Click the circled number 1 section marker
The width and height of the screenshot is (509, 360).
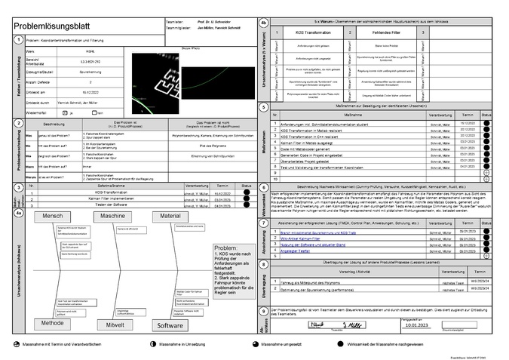tap(17, 41)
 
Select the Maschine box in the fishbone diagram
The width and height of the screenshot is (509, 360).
tap(112, 216)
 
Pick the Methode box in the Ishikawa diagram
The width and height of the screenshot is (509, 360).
tap(51, 322)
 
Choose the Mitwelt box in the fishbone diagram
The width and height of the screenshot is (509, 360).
tap(115, 325)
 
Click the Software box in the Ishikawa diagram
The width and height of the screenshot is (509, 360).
tap(170, 325)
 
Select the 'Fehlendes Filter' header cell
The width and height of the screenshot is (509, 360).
tap(385, 33)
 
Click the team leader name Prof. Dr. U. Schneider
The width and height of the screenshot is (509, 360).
tap(213, 22)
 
